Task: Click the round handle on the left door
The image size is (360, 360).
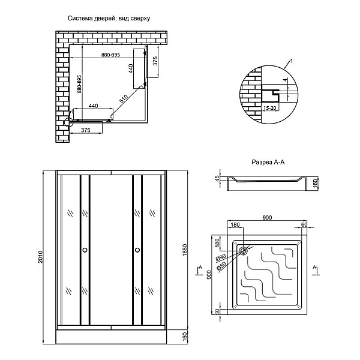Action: click(85, 250)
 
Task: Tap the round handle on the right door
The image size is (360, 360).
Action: click(137, 250)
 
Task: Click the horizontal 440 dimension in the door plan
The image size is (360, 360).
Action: click(93, 106)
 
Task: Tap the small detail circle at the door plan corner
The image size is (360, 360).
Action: click(67, 122)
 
